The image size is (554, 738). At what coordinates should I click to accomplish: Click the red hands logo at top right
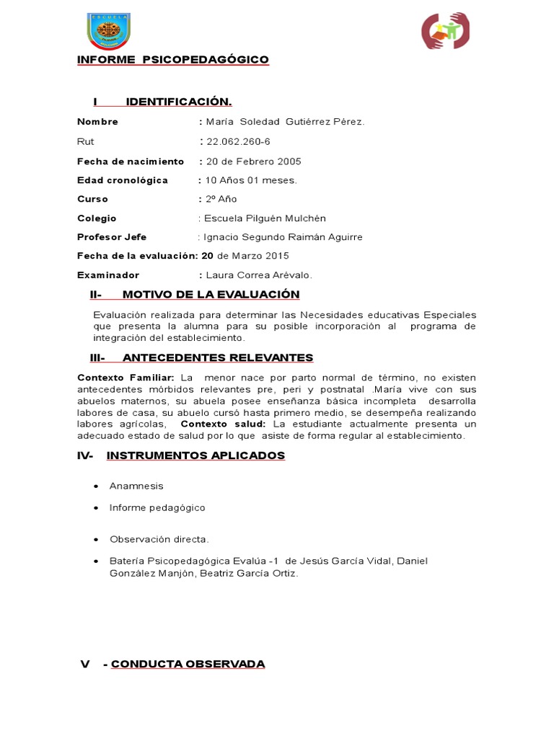pyautogui.click(x=445, y=30)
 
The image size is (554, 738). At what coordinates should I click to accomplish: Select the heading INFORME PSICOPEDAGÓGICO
pyautogui.click(x=173, y=59)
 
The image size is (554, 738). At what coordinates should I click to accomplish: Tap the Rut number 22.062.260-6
pyautogui.click(x=239, y=141)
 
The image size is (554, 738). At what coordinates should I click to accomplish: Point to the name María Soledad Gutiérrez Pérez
pyautogui.click(x=286, y=122)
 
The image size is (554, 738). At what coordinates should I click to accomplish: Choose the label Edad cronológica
pyautogui.click(x=123, y=180)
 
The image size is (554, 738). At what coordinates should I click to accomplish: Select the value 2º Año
pyautogui.click(x=221, y=199)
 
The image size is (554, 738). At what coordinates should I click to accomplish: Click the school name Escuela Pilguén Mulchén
pyautogui.click(x=266, y=218)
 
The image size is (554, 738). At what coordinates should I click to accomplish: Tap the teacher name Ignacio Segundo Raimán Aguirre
pyautogui.click(x=283, y=237)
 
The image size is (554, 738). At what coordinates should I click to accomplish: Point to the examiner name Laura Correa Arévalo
pyautogui.click(x=260, y=275)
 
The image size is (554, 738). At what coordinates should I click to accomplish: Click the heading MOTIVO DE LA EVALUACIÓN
pyautogui.click(x=211, y=294)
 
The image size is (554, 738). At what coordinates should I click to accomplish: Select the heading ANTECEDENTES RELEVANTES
pyautogui.click(x=218, y=357)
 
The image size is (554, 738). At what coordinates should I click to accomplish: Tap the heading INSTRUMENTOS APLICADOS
pyautogui.click(x=195, y=455)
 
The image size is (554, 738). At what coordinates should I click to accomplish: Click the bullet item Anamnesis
pyautogui.click(x=136, y=486)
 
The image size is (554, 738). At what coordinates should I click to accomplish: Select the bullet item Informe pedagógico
pyautogui.click(x=157, y=508)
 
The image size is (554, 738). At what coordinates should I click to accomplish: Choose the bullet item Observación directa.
pyautogui.click(x=159, y=539)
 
